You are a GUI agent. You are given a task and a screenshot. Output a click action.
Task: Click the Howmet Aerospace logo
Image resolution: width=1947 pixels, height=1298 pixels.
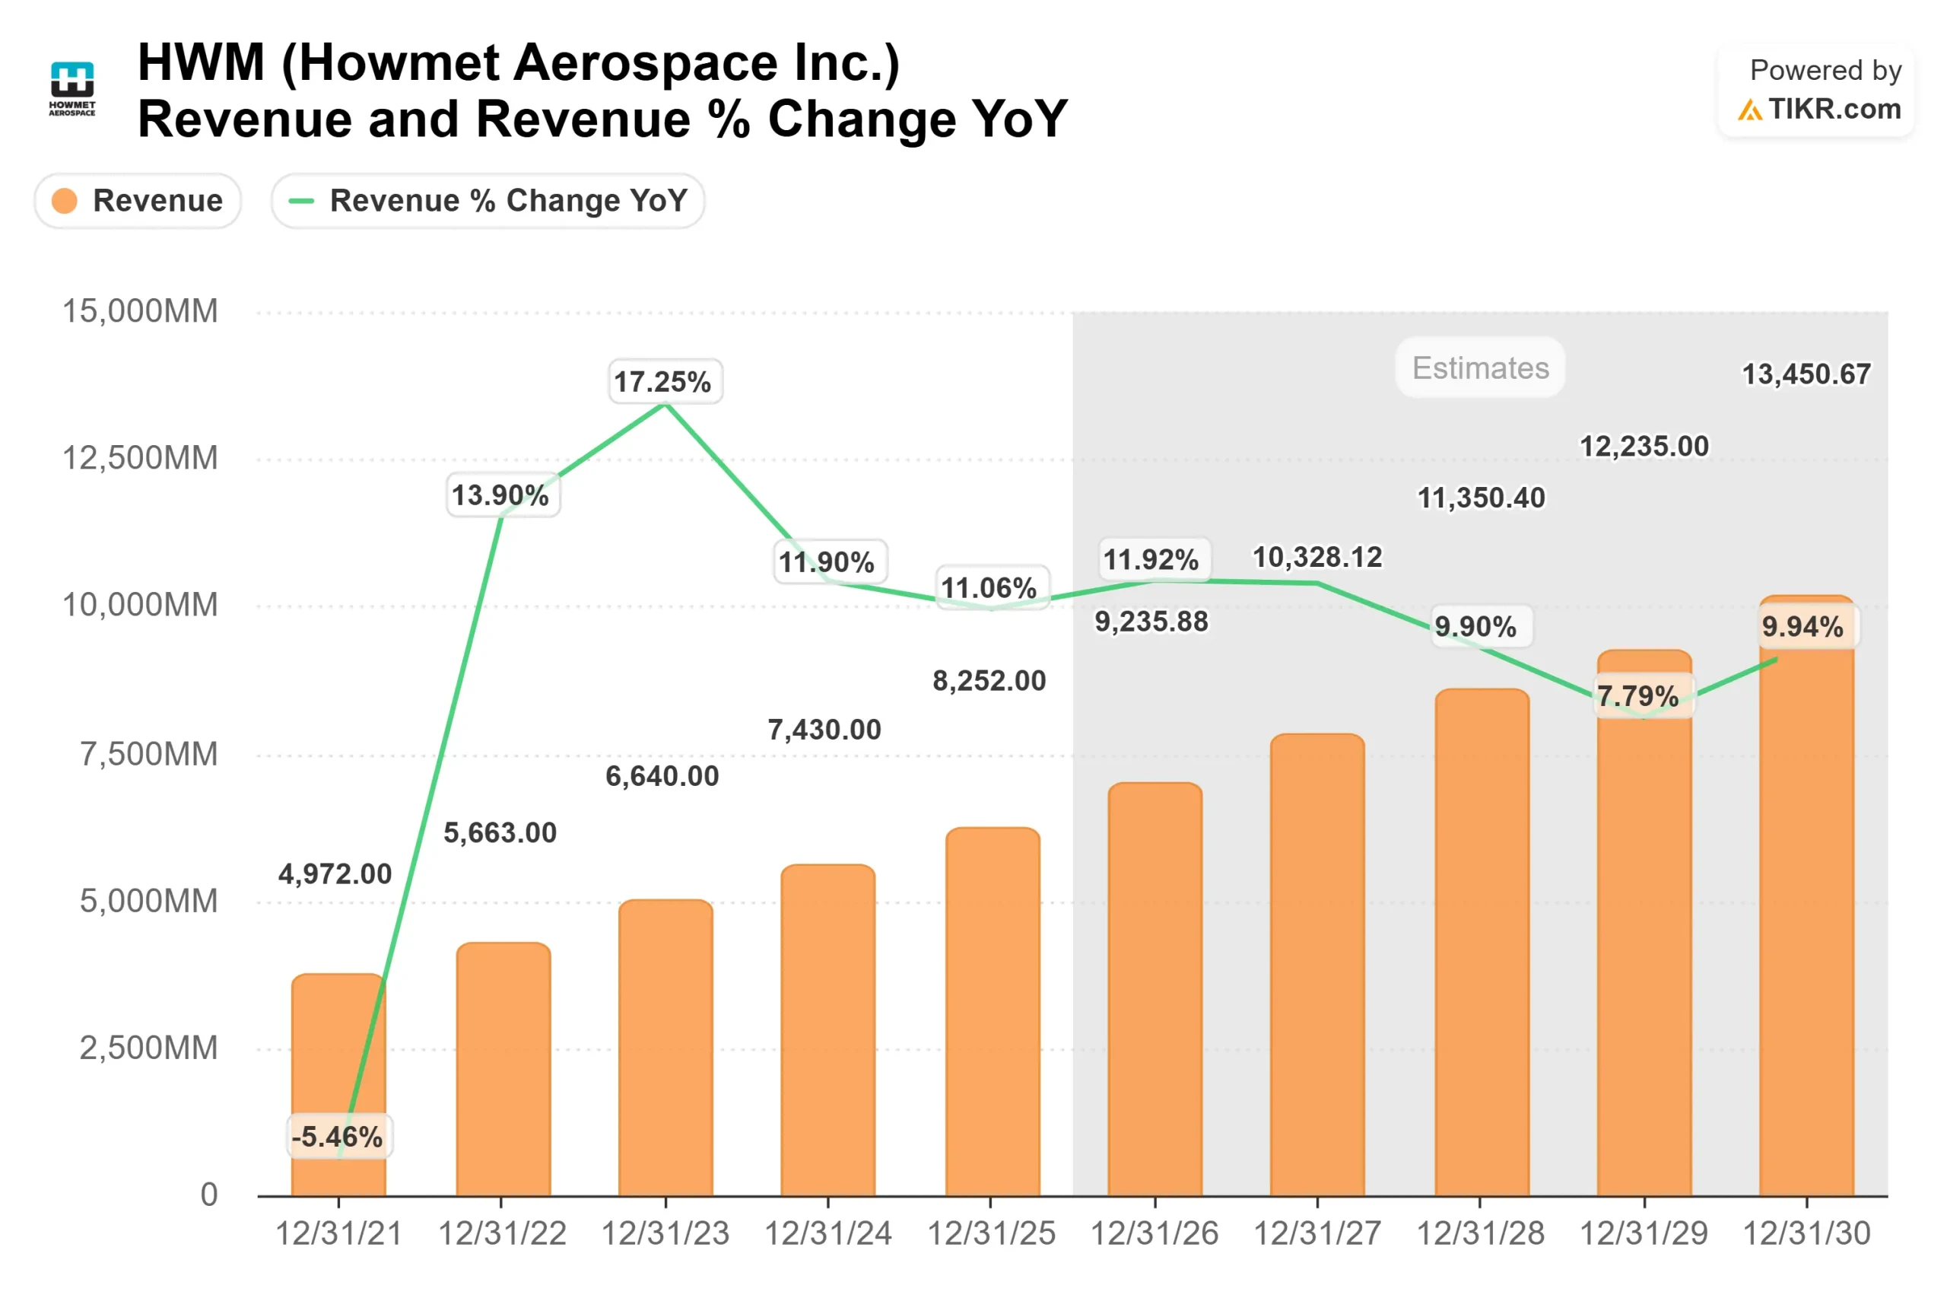[x=72, y=87]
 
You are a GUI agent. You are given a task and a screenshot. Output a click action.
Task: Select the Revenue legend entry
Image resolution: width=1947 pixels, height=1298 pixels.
[x=138, y=200]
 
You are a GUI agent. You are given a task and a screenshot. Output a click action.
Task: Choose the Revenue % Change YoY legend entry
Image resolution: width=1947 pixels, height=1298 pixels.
[x=488, y=200]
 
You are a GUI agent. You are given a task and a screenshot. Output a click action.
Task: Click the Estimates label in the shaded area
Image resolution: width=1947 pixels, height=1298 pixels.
[x=1479, y=367]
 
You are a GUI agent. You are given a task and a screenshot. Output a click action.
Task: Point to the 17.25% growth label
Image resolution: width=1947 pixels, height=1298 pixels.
[x=665, y=382]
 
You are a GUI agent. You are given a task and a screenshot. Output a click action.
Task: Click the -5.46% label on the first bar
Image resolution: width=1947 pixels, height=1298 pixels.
[x=338, y=1136]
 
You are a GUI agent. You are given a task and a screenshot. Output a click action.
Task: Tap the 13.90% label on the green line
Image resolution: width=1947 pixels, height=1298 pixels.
[x=500, y=495]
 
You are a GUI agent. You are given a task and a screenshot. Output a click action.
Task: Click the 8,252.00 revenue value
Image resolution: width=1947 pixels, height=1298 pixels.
[x=989, y=680]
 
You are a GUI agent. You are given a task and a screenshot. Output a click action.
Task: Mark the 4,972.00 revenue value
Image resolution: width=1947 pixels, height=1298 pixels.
[x=335, y=873]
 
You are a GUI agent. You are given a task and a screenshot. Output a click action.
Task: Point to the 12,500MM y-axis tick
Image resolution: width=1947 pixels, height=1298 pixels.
[x=141, y=458]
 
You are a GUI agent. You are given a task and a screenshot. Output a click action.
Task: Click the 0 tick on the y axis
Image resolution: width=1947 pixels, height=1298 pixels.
[x=209, y=1194]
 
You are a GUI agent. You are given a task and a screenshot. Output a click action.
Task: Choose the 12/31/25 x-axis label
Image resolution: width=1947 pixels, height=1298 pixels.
[x=990, y=1233]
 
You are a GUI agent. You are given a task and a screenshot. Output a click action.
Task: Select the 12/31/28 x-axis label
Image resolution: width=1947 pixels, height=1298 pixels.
[x=1479, y=1233]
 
